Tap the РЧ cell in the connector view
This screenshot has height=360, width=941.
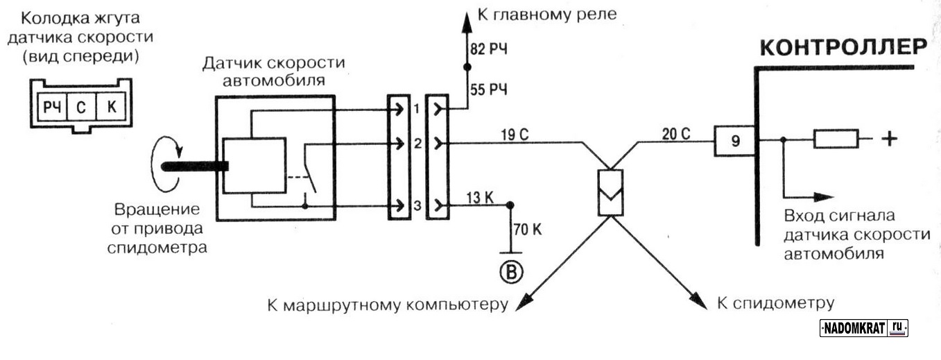(52, 108)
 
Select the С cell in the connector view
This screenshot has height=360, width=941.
(81, 108)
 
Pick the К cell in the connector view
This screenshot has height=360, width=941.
(110, 108)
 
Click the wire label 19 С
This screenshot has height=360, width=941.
(514, 134)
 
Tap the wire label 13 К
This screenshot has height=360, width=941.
(479, 197)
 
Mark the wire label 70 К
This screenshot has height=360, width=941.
(526, 228)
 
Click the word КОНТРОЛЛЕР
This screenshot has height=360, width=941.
(843, 48)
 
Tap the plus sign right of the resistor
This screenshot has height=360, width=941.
(888, 139)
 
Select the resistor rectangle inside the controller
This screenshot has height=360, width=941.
(836, 139)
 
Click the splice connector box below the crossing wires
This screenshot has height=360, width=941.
(611, 192)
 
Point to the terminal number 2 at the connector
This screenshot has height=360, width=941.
(417, 144)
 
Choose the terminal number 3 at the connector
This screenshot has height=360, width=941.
(417, 206)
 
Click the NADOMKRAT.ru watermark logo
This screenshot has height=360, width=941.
(864, 328)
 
